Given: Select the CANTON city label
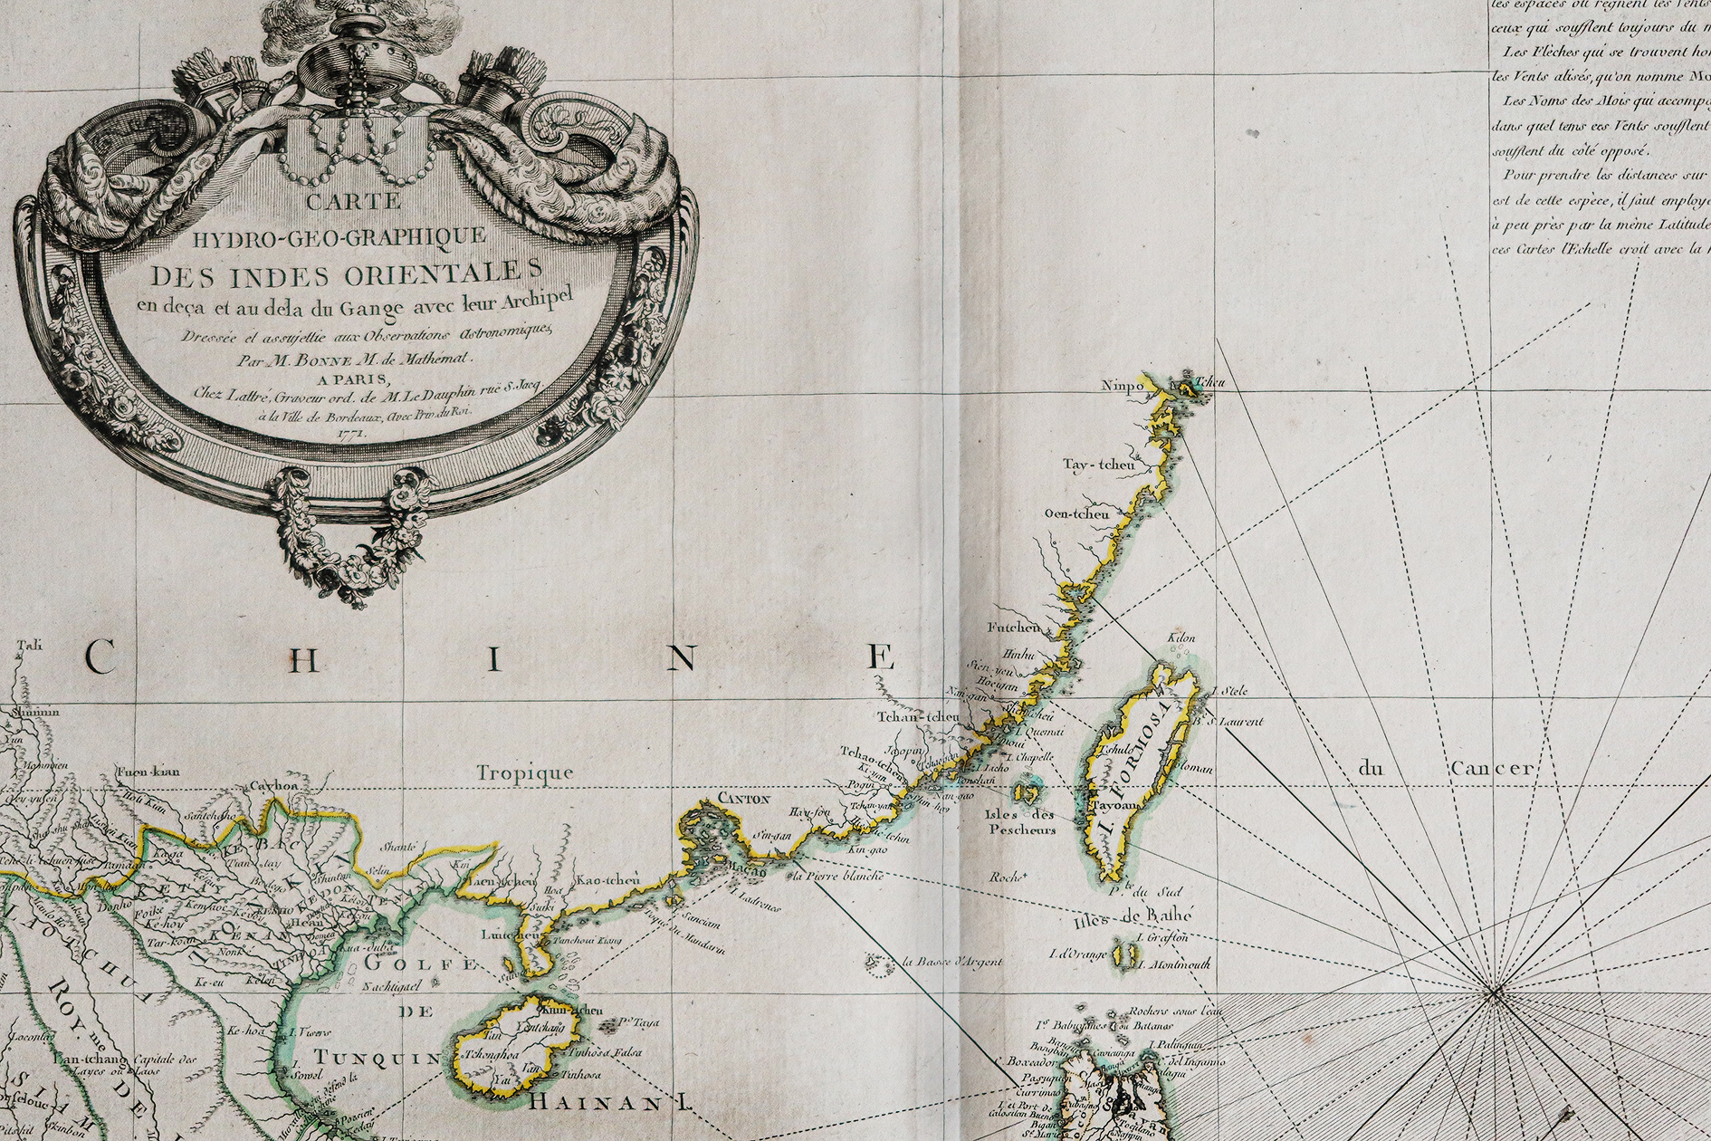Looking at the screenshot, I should click(x=743, y=799).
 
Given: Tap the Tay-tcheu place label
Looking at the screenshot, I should click(x=1099, y=465).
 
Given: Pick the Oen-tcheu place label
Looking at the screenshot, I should click(x=1076, y=514).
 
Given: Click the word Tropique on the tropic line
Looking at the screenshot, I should click(x=525, y=772).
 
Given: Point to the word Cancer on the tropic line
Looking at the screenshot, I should click(x=1492, y=769).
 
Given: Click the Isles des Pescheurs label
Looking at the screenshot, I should click(x=1021, y=821).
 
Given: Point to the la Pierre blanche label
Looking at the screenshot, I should click(x=836, y=877).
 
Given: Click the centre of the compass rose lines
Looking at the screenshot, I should click(x=1493, y=994).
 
